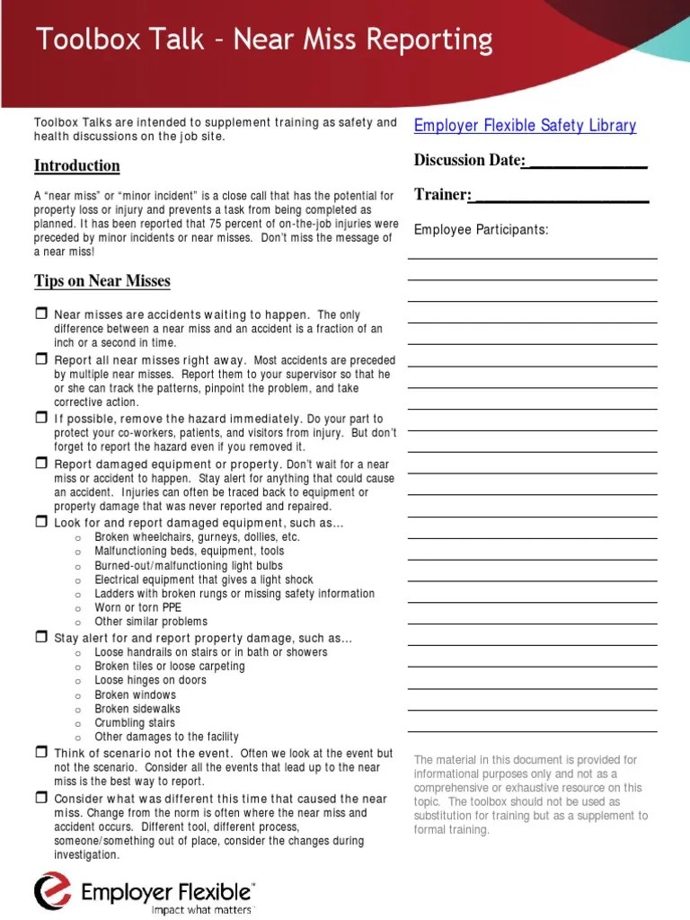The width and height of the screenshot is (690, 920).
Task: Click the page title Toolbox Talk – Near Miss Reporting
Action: click(263, 40)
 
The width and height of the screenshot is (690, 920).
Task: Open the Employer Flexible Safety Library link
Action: click(525, 126)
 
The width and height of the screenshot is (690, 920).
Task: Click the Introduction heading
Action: click(76, 165)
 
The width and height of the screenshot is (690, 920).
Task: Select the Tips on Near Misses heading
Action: click(102, 281)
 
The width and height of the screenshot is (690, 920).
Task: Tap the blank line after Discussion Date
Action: click(586, 162)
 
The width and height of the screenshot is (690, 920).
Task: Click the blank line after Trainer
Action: click(560, 196)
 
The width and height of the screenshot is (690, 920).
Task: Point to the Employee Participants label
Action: click(481, 230)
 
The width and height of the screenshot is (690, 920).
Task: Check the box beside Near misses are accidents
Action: click(40, 314)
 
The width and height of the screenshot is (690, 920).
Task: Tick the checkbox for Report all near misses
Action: click(40, 359)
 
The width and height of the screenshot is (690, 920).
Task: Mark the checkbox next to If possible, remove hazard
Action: click(40, 419)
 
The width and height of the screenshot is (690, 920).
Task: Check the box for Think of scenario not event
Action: click(40, 752)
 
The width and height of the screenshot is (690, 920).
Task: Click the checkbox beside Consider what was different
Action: click(40, 798)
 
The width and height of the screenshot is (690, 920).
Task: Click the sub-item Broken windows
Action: click(136, 694)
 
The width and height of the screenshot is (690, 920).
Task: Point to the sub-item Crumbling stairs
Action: click(135, 722)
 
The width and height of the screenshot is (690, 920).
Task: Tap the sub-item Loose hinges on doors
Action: click(150, 680)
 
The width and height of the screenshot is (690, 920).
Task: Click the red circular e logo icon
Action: click(52, 892)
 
